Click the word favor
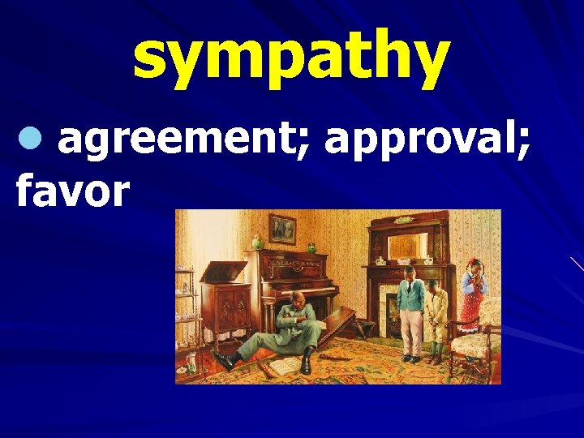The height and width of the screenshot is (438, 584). (73, 191)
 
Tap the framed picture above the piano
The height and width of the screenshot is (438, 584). (282, 229)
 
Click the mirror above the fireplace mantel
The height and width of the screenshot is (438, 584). (408, 245)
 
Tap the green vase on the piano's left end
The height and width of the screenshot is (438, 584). (258, 242)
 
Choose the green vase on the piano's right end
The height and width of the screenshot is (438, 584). (311, 247)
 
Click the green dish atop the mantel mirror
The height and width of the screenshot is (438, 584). (403, 219)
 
